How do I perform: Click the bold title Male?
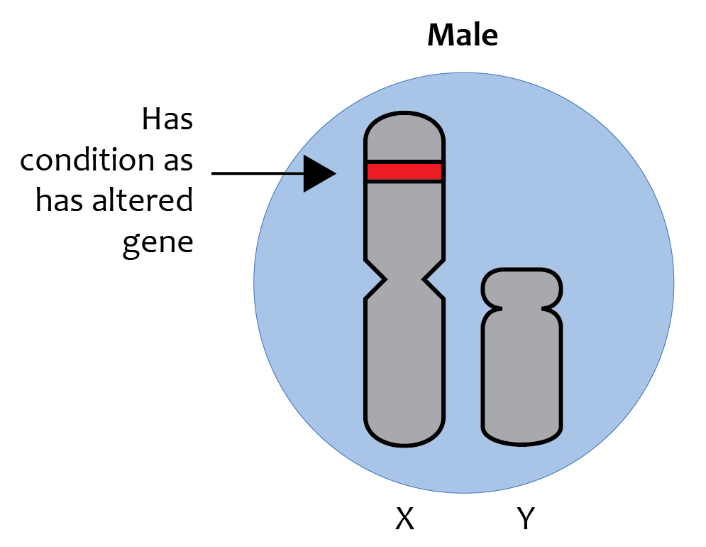tap(463, 35)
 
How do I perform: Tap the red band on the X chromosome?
tap(404, 172)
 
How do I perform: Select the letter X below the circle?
tap(404, 519)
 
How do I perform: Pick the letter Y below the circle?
tap(526, 519)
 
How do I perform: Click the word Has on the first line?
tap(167, 119)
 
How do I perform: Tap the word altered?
tap(143, 200)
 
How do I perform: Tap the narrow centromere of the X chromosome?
tap(404, 280)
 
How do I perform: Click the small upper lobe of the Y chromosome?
tap(522, 288)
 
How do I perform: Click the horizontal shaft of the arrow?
tap(258, 173)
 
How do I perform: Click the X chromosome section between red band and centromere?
tap(404, 221)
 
